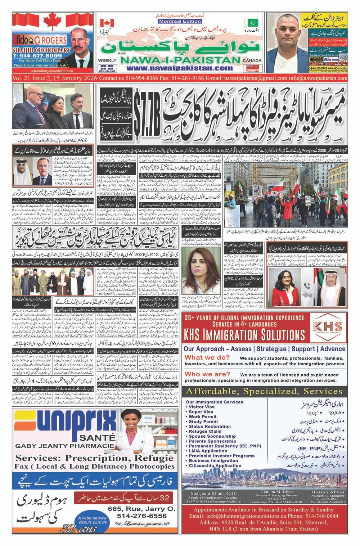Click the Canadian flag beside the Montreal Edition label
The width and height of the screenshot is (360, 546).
pos(107,23)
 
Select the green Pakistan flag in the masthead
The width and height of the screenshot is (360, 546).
pos(249,23)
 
